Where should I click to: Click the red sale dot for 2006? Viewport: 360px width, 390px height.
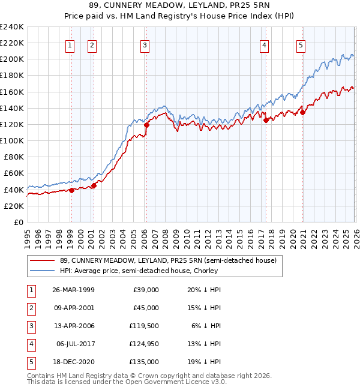click(146, 125)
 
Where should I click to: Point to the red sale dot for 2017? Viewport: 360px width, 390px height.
click(265, 120)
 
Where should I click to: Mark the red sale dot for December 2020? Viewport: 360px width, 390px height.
click(302, 112)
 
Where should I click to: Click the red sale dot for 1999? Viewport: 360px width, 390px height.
click(71, 190)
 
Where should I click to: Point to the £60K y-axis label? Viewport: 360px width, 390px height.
click(13, 173)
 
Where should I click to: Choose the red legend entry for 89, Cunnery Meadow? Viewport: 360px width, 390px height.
click(167, 260)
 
